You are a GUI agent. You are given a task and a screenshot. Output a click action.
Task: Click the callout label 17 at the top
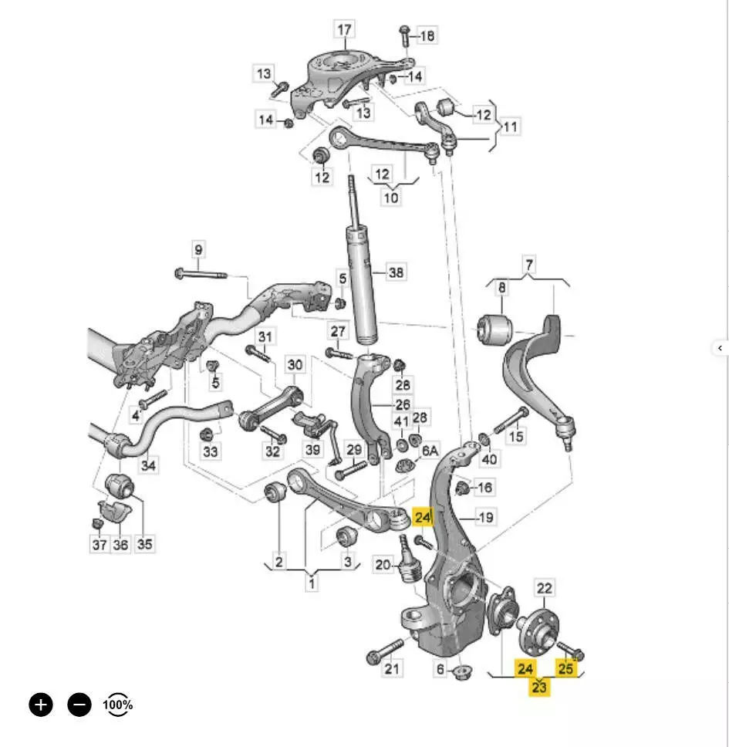click(344, 30)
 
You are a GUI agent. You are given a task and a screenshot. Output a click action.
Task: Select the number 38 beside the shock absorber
click(396, 272)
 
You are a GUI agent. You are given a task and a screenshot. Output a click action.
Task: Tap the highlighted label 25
click(566, 668)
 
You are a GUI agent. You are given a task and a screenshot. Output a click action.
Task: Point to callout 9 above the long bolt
click(198, 250)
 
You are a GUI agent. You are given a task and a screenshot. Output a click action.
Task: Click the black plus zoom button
click(42, 704)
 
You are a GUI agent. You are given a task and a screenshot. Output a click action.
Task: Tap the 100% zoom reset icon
click(117, 704)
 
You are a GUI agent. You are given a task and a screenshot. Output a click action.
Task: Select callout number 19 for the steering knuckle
click(486, 517)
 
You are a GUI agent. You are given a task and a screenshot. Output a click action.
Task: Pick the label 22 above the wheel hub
click(545, 590)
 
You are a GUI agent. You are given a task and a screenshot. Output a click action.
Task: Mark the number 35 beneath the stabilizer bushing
click(144, 544)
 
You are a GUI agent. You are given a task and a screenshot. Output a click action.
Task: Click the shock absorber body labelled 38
click(366, 286)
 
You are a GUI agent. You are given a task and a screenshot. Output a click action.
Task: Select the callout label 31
click(265, 336)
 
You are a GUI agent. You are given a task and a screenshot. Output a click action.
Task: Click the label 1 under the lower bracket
click(312, 583)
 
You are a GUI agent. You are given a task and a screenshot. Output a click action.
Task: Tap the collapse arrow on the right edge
click(720, 348)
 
